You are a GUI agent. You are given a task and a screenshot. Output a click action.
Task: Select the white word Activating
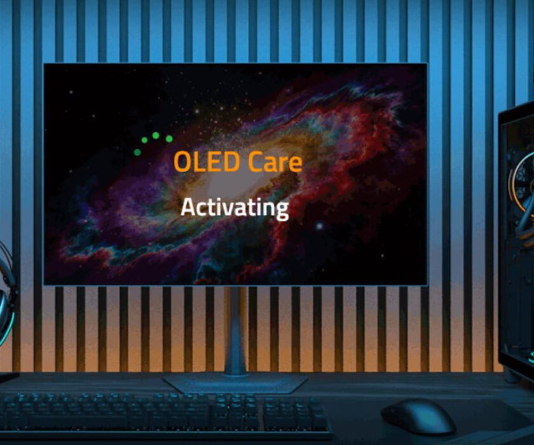(x=235, y=207)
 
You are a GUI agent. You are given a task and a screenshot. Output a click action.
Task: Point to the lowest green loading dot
(x=137, y=152)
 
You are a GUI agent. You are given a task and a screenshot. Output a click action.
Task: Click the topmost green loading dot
(x=156, y=135)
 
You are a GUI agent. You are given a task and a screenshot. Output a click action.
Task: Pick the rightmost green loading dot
(x=169, y=139)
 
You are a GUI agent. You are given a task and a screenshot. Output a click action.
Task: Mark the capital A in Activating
(x=188, y=207)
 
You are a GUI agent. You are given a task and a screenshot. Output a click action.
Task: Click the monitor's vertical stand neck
(x=235, y=331)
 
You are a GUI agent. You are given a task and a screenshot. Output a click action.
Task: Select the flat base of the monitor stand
(x=235, y=383)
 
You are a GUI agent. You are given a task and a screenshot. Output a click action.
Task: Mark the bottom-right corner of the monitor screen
(x=425, y=283)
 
